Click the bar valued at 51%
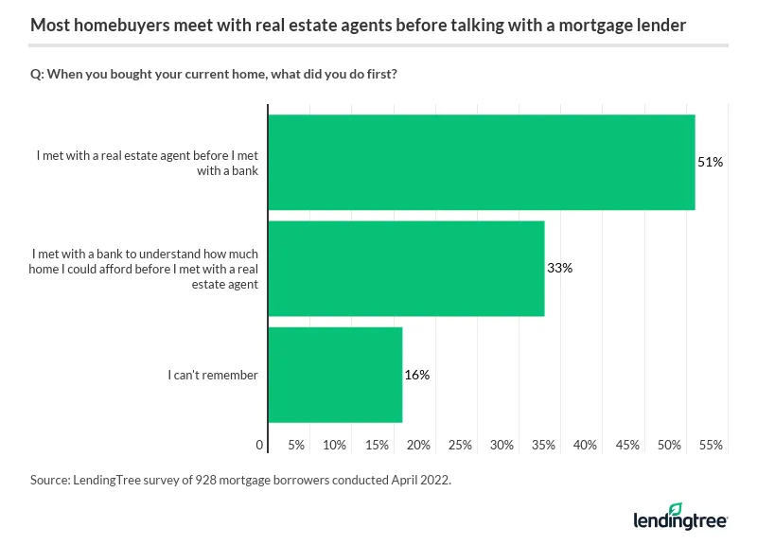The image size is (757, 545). coord(482,163)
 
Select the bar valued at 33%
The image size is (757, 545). coord(406,269)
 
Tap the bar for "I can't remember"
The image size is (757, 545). coord(335,375)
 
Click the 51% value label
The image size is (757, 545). coord(711,163)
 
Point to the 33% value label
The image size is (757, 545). coord(560,269)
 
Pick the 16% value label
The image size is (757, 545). coord(417,375)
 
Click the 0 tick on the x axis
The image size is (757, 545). coord(260,445)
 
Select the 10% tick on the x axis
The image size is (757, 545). coord(334,445)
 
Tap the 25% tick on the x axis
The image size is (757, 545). coord(460,445)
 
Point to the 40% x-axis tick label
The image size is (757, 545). coord(586,445)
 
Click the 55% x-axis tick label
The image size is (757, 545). coord(712,445)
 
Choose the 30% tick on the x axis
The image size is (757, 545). coord(502,445)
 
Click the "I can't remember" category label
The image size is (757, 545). coord(213,375)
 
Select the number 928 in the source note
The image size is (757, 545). coord(205,481)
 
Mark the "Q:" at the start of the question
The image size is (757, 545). coord(38,75)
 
